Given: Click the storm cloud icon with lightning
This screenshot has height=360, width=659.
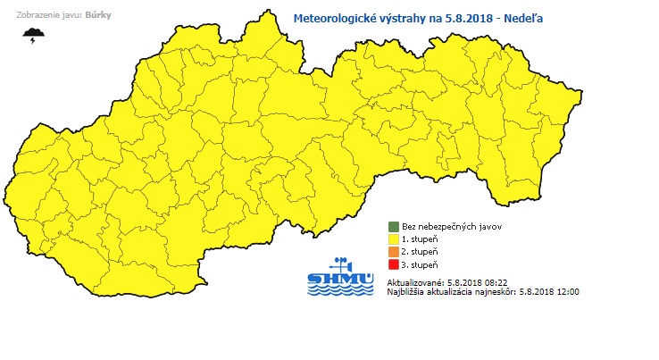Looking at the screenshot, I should [35, 35].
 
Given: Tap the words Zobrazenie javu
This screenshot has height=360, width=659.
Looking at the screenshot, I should [44, 16].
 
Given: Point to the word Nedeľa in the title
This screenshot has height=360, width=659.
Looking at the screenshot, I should [522, 17].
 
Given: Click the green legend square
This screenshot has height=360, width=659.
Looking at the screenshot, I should [392, 227].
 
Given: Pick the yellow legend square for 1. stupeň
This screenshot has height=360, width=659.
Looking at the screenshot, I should [392, 239].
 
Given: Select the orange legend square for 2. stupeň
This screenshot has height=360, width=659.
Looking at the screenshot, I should [392, 252].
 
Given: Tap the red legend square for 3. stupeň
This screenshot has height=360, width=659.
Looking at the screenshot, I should [392, 265].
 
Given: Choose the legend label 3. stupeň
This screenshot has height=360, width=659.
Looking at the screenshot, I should [421, 265].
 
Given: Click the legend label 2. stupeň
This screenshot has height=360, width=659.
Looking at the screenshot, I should [421, 252].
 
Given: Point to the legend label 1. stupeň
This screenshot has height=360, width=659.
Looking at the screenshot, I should [421, 239].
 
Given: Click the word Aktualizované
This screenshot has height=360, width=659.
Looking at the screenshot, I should [415, 281].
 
